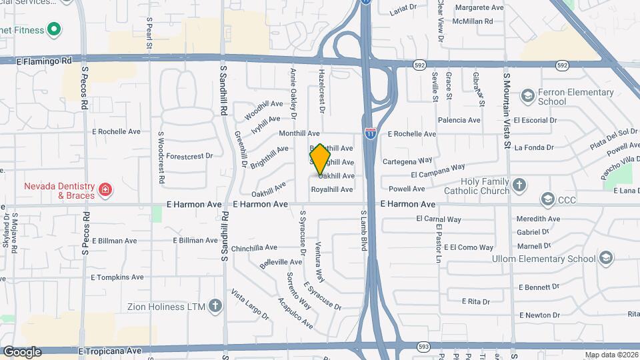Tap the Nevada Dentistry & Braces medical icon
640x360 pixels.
pos(104,191)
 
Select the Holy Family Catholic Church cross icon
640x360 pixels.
pos(519,185)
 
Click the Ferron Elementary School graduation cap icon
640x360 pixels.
pos(529,97)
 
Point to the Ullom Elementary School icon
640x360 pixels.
pos(605,259)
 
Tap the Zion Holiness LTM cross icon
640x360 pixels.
pos(215,307)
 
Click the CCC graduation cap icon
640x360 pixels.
pos(548,199)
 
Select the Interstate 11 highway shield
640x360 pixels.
pos(370,133)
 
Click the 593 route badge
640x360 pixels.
pos(424,347)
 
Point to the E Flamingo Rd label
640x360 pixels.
pos(43,61)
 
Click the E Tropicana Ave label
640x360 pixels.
pos(110,351)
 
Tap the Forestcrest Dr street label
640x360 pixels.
pos(189,156)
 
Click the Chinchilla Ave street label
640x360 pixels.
pos(254,247)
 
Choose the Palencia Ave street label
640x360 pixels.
pos(459,121)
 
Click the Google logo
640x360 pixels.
pos(22,351)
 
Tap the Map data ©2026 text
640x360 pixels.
pos(611,355)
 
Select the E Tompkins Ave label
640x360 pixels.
pos(117,277)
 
